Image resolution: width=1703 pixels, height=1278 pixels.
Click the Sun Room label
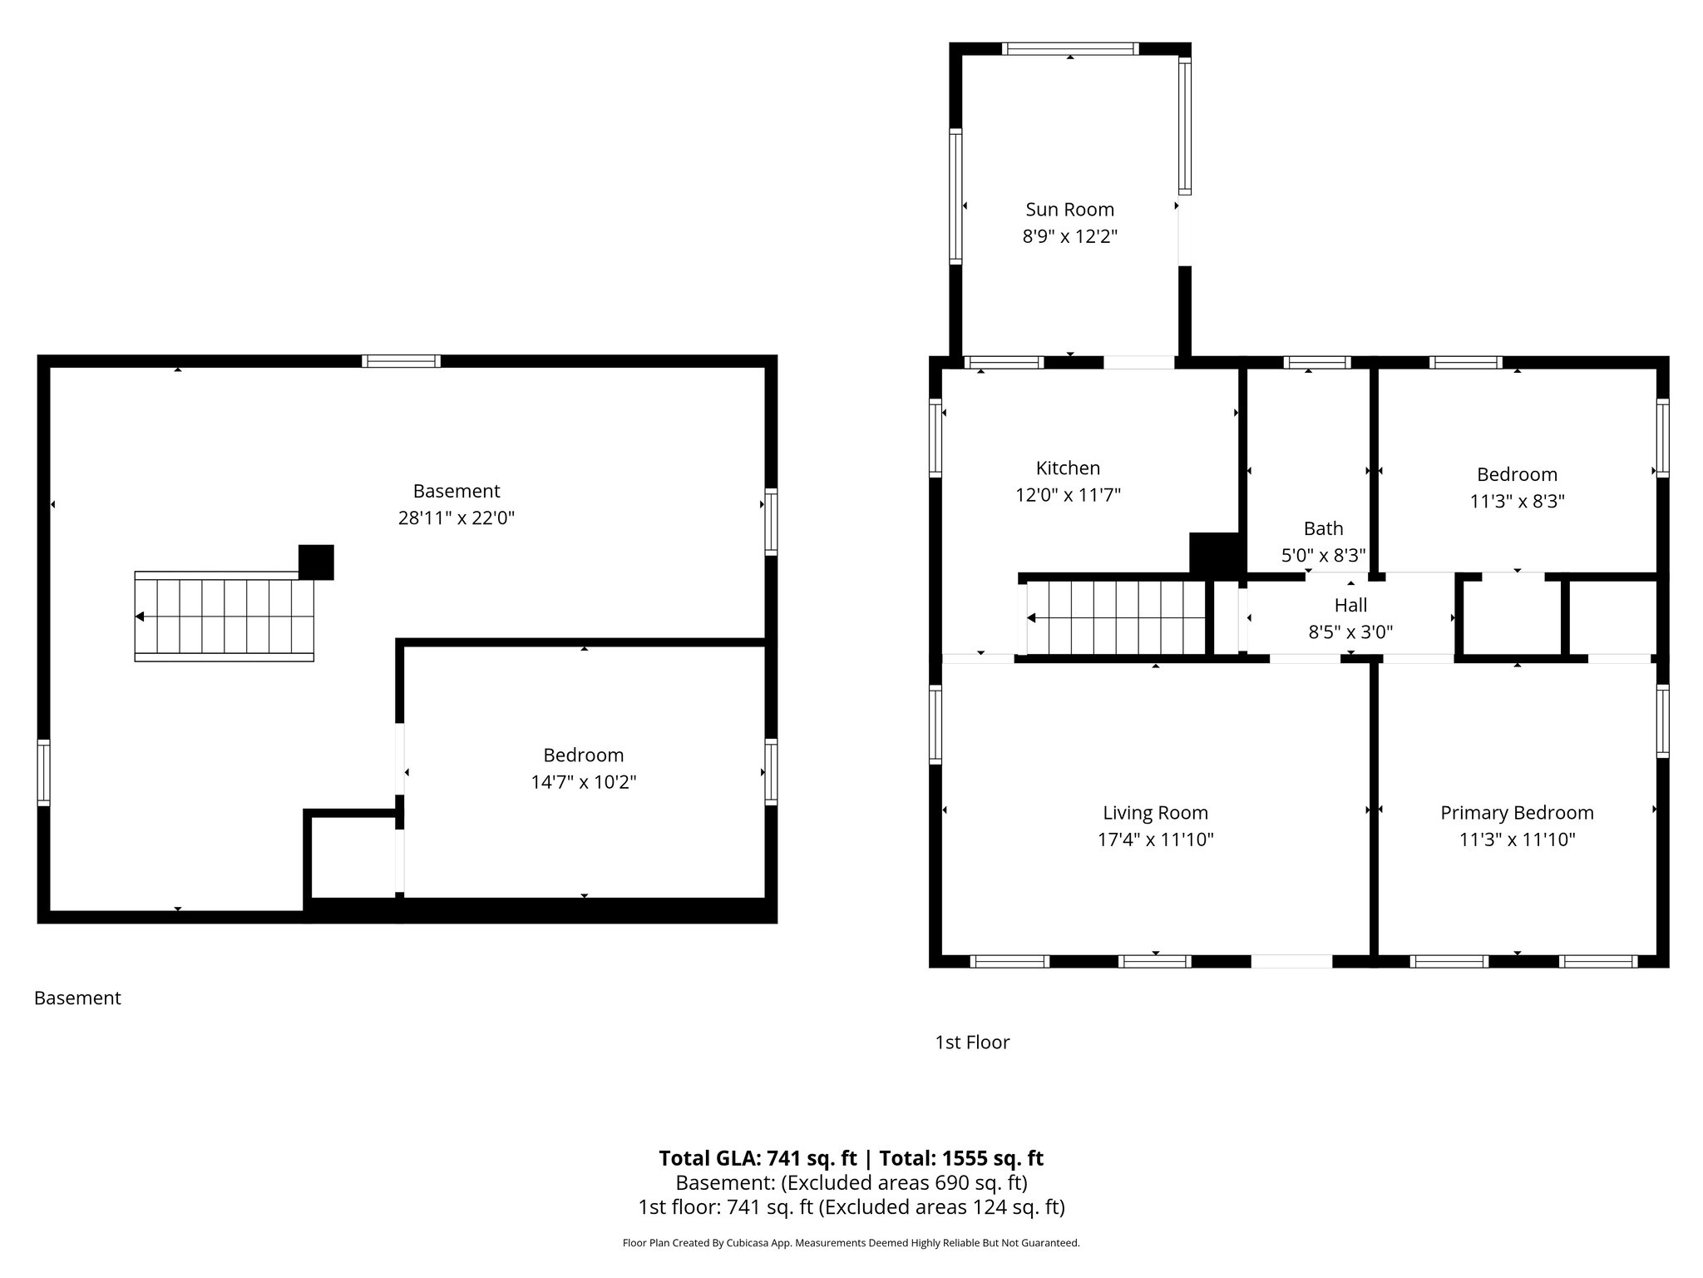click(1069, 210)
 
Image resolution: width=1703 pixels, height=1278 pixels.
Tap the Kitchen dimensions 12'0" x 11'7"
click(1068, 495)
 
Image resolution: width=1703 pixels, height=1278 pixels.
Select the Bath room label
click(1323, 528)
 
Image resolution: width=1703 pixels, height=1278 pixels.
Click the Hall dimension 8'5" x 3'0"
click(1350, 632)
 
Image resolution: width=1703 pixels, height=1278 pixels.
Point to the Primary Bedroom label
click(1517, 813)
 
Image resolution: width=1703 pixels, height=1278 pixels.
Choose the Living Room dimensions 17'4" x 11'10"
click(1155, 840)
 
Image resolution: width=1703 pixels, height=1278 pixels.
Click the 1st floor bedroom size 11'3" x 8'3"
click(1517, 501)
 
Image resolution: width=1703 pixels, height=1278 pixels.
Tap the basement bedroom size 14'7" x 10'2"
click(583, 782)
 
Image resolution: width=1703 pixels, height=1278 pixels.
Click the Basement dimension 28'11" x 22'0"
click(457, 518)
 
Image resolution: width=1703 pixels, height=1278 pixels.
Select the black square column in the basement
click(316, 562)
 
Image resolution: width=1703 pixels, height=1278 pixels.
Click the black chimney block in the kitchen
click(1215, 552)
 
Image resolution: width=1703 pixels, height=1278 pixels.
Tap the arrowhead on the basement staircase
click(140, 617)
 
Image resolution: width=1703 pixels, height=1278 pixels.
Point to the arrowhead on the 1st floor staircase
click(1032, 617)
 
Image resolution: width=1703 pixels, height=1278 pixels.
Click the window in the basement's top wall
click(402, 361)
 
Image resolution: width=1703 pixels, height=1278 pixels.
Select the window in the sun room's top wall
click(1069, 49)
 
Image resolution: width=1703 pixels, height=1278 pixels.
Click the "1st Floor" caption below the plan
click(972, 1043)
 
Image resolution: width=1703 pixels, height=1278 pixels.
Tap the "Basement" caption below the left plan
click(77, 998)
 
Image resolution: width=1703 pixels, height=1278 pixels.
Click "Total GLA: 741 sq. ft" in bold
click(757, 1158)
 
